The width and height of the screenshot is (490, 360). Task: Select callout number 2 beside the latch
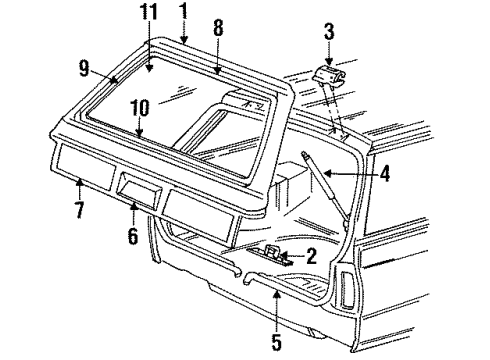click(311, 257)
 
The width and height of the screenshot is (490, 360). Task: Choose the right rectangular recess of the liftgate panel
click(202, 205)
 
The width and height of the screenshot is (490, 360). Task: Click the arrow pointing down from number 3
click(328, 56)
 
